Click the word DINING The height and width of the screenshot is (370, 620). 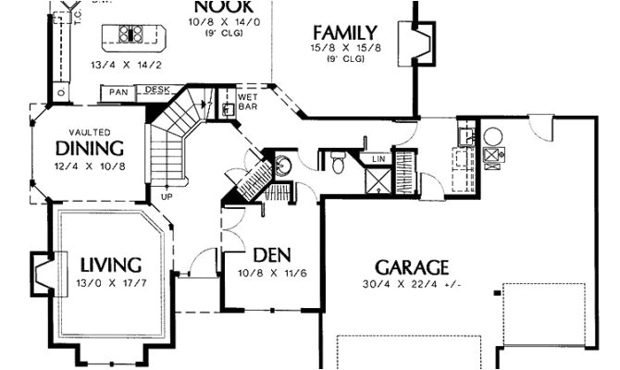tap(90, 148)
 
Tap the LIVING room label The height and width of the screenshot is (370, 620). tap(109, 265)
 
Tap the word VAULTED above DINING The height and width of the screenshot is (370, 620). tap(89, 131)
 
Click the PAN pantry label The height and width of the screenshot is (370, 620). tap(118, 92)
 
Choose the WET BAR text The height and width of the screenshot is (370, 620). tap(248, 100)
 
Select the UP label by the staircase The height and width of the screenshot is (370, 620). tap(167, 197)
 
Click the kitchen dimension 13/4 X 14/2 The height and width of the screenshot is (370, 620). tap(135, 65)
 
